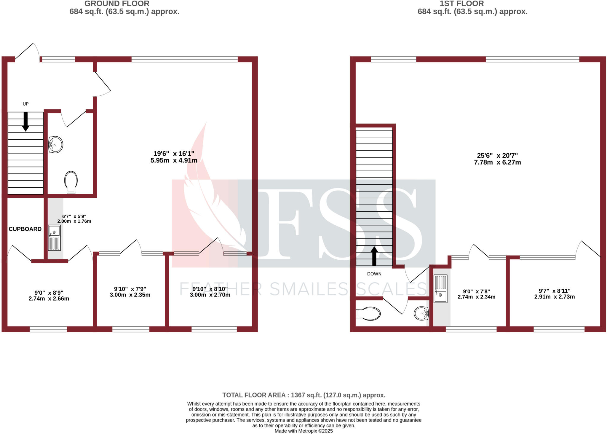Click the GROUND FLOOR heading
point(117,4)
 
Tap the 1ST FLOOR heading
point(461,4)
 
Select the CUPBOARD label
point(25,229)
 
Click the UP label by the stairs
point(26,104)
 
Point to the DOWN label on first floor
point(374,274)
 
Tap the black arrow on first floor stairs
point(374,256)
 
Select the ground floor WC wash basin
point(55,145)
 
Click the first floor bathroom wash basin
point(421,313)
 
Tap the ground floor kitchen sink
point(54,238)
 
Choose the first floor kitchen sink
point(440,288)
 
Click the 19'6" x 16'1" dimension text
point(174,157)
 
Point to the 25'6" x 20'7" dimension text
point(497,159)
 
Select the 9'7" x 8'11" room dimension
point(554,294)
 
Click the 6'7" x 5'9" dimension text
point(74,219)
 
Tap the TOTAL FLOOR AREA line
point(303,395)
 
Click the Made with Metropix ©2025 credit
point(303,431)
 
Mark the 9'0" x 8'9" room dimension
point(49,296)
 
